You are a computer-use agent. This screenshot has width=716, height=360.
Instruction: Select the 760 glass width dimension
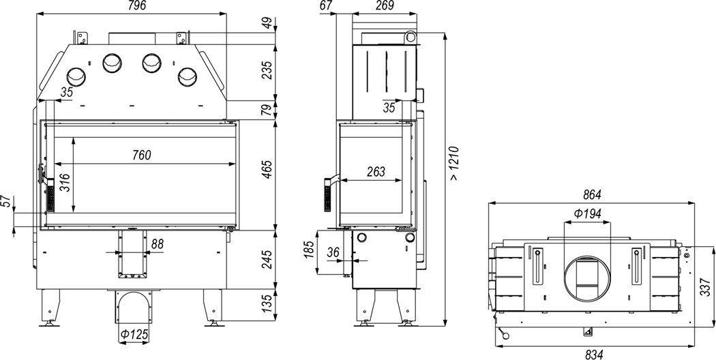[140, 155]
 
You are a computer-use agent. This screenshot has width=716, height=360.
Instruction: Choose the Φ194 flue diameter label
[587, 213]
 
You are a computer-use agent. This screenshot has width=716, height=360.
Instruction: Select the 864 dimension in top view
[593, 194]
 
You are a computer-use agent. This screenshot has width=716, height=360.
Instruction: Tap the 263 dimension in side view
[376, 171]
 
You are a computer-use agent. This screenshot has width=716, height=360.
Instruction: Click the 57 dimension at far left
[7, 202]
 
